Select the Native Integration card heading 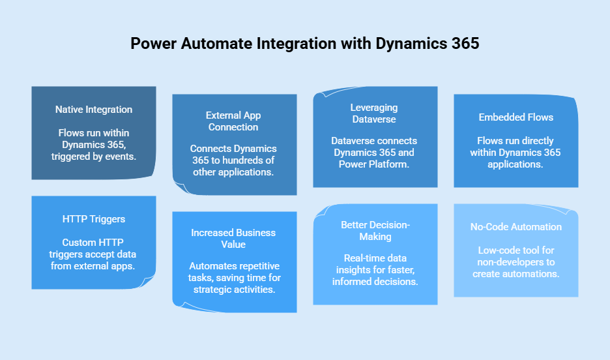pyautogui.click(x=94, y=110)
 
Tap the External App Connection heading pyautogui.click(x=233, y=121)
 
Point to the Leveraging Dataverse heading pyautogui.click(x=374, y=113)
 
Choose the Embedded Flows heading pyautogui.click(x=516, y=117)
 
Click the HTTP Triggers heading pyautogui.click(x=94, y=220)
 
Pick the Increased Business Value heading pyautogui.click(x=233, y=238)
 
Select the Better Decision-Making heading pyautogui.click(x=374, y=230)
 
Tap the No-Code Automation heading pyautogui.click(x=516, y=227)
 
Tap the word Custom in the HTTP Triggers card pyautogui.click(x=78, y=243)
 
